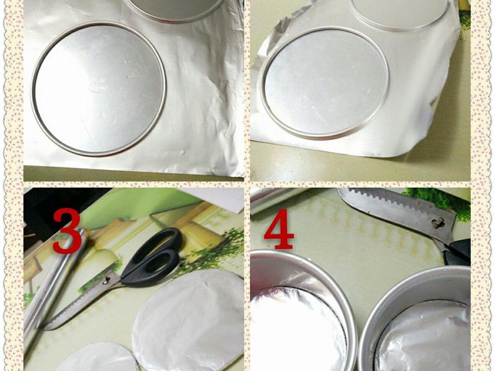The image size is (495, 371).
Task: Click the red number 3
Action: click(x=67, y=231)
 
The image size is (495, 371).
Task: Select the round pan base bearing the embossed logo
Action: click(x=98, y=89)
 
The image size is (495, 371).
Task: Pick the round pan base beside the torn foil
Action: click(x=325, y=83)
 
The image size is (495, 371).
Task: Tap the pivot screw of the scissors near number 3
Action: click(x=106, y=279)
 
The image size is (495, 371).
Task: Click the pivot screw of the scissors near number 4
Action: click(x=438, y=223)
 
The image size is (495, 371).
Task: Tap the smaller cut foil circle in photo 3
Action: click(x=98, y=357)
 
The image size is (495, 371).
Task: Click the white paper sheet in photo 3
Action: click(x=218, y=198)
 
